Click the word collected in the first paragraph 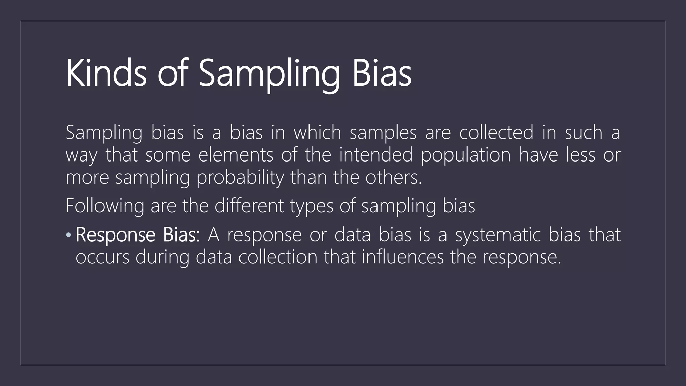[496, 132]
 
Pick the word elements [235, 155]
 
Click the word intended [375, 155]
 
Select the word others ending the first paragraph [393, 177]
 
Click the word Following [105, 206]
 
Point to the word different [249, 205]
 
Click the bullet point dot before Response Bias [68, 235]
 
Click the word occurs [102, 257]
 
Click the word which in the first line [317, 132]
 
